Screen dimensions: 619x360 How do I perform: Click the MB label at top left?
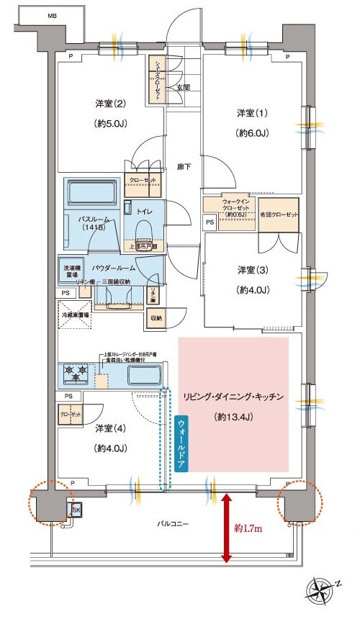pyautogui.click(x=51, y=15)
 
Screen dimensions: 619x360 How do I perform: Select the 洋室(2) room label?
pyautogui.click(x=111, y=104)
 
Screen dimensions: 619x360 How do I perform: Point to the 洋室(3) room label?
pyautogui.click(x=253, y=271)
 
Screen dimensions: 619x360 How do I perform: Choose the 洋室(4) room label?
pyautogui.click(x=111, y=428)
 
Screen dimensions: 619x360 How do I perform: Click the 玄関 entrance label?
pyautogui.click(x=183, y=88)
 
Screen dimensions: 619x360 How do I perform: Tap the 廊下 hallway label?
pyautogui.click(x=184, y=167)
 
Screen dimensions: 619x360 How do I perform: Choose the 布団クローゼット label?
pyautogui.click(x=278, y=215)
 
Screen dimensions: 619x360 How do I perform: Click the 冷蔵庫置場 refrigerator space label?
pyautogui.click(x=75, y=315)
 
